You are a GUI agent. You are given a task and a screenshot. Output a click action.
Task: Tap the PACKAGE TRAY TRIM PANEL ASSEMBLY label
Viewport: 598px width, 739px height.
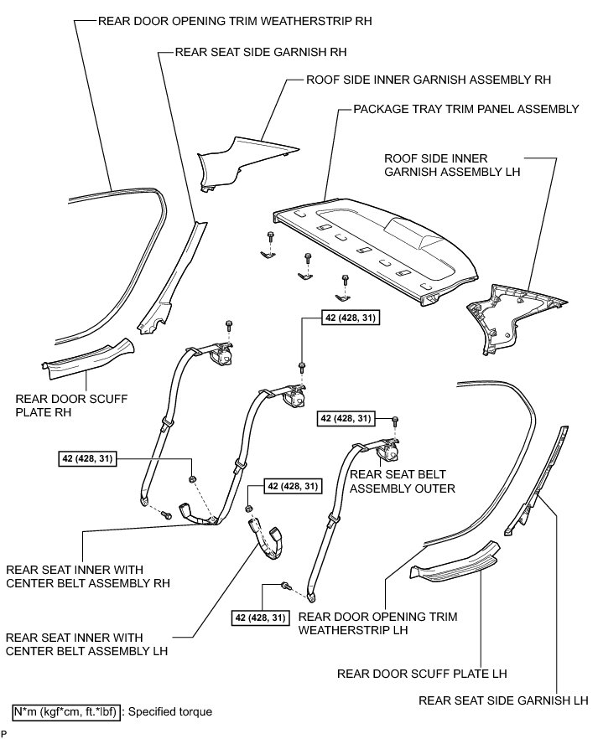pos(466,109)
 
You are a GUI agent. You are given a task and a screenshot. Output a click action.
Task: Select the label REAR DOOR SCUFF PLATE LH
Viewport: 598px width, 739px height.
pos(422,673)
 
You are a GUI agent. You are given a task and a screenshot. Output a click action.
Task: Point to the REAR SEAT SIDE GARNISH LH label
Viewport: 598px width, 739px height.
pos(507,700)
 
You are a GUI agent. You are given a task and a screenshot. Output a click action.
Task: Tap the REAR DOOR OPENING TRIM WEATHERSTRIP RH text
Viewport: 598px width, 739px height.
pos(235,18)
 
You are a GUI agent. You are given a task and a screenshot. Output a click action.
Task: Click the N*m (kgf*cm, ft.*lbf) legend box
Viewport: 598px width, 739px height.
pos(65,711)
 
